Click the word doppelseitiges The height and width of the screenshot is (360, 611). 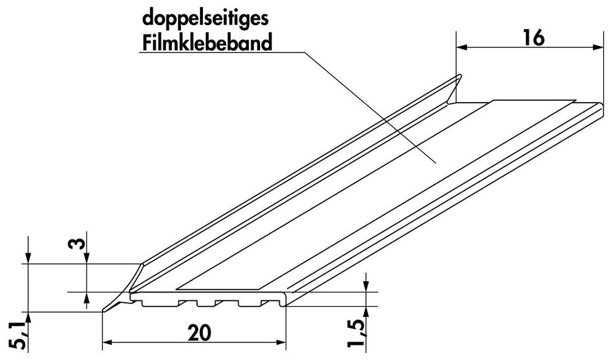coord(205,18)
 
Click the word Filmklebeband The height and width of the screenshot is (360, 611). coord(207,43)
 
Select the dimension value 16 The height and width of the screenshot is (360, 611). coord(533,38)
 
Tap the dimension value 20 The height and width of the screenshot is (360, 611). coord(199,333)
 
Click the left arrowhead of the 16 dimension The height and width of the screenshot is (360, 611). coord(461,48)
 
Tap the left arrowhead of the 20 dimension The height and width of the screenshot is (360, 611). coord(107,343)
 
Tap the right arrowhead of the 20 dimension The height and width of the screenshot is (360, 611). coord(280,343)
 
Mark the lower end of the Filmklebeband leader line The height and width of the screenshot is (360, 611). coord(436,162)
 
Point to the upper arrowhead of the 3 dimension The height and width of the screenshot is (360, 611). coord(87,258)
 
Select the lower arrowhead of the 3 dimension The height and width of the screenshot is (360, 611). coord(87,298)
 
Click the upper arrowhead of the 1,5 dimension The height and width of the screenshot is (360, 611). coord(366,286)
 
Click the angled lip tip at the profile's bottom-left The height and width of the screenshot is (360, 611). coord(103,310)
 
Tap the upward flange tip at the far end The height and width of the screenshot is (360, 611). coord(460,76)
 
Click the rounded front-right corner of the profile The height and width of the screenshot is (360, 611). coord(285,299)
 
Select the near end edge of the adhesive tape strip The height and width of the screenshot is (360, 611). coord(219,290)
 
